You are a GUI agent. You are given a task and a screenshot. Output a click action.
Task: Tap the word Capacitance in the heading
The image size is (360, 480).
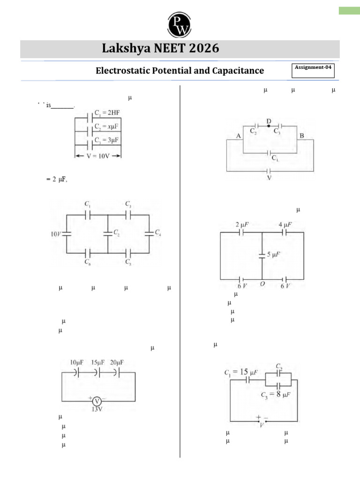click(x=238, y=71)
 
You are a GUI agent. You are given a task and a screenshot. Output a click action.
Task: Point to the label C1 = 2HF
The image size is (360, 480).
click(x=107, y=113)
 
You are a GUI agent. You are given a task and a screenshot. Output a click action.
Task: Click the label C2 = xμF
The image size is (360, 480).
click(x=107, y=127)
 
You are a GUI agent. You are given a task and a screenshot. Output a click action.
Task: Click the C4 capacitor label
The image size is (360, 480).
click(x=158, y=233)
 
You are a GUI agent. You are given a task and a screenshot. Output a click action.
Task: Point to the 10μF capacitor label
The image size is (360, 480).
click(x=76, y=362)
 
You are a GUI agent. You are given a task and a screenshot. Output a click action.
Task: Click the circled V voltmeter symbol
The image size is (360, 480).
click(x=97, y=401)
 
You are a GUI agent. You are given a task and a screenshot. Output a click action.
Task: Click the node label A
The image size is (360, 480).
click(x=238, y=136)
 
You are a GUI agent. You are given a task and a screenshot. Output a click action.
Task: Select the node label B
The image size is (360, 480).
click(x=302, y=136)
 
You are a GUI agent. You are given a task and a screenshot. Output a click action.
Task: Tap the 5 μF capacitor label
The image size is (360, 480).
click(x=274, y=255)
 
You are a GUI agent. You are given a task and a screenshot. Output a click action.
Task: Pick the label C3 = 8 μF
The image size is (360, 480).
click(x=276, y=395)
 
